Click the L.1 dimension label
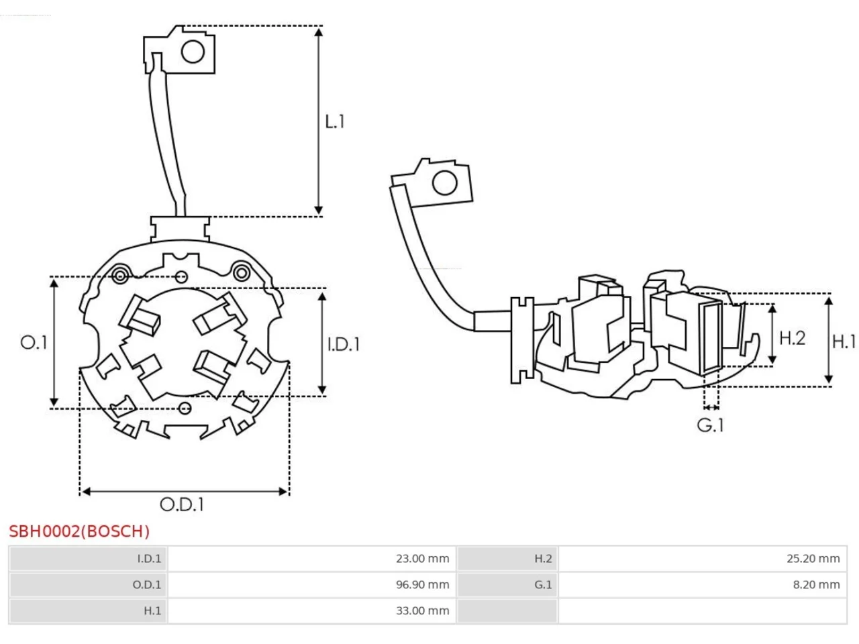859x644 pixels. (335, 121)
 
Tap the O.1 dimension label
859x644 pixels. (34, 343)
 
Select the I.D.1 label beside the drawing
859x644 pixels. (343, 345)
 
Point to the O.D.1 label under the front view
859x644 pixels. (182, 504)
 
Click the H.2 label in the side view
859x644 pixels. (792, 338)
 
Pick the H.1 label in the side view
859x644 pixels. (844, 342)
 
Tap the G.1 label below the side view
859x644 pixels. (710, 425)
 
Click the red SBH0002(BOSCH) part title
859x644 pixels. (79, 532)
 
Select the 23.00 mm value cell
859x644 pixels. (422, 558)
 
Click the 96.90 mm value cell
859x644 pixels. (422, 584)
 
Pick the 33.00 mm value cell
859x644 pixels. (422, 610)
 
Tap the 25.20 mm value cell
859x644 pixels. (813, 558)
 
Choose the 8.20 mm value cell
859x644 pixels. (816, 584)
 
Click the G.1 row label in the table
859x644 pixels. (543, 584)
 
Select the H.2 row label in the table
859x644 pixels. (543, 558)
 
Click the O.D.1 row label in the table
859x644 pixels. (147, 584)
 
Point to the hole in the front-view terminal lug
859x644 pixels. (193, 52)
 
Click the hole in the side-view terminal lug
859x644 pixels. (445, 182)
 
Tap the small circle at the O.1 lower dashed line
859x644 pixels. (185, 409)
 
